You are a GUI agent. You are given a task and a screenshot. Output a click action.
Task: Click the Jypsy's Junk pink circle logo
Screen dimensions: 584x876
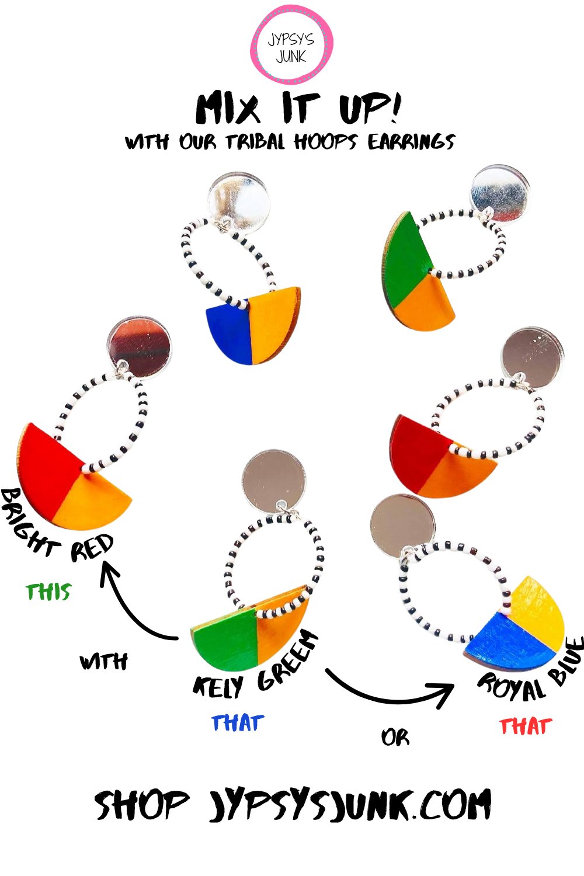pyautogui.click(x=291, y=44)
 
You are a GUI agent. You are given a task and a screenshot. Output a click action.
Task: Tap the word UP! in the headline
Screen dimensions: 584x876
pyautogui.click(x=370, y=108)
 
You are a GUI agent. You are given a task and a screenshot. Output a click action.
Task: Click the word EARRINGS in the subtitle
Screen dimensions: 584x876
pyautogui.click(x=411, y=141)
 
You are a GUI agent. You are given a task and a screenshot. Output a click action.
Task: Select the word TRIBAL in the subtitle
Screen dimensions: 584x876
pyautogui.click(x=255, y=141)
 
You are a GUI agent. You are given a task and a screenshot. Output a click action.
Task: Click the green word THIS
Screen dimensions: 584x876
pyautogui.click(x=48, y=591)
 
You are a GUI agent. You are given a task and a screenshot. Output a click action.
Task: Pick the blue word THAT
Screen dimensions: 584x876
pyautogui.click(x=238, y=723)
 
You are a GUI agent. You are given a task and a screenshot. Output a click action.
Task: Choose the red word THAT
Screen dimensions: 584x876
pyautogui.click(x=526, y=726)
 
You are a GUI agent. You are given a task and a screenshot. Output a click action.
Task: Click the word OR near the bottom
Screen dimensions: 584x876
pyautogui.click(x=395, y=738)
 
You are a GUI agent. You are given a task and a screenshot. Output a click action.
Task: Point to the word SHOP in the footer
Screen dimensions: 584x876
pyautogui.click(x=142, y=805)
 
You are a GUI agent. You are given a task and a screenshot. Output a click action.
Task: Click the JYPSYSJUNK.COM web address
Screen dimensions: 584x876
pyautogui.click(x=349, y=805)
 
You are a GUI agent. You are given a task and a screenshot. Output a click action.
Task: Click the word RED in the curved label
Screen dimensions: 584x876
pyautogui.click(x=92, y=548)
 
